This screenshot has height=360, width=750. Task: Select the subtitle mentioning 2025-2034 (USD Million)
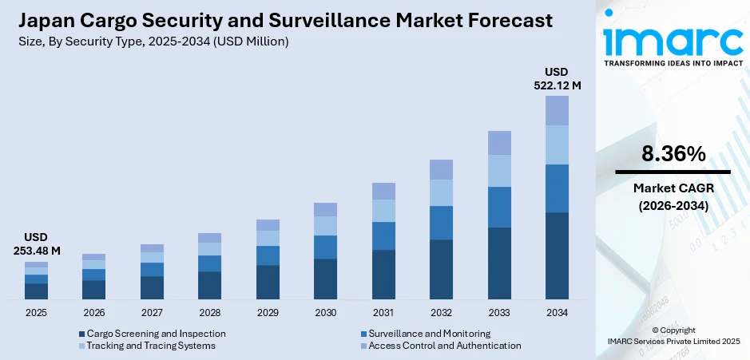pos(153,41)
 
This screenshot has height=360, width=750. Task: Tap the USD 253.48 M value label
pos(36,245)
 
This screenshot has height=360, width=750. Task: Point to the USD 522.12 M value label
pos(557,79)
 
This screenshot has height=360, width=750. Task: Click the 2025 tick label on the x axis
pos(36,313)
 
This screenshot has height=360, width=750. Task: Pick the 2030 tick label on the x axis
pos(325,313)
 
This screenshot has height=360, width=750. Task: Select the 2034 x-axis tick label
pos(557,313)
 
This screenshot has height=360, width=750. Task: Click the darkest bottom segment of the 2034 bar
pos(557,255)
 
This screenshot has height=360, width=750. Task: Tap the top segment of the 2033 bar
pos(499,143)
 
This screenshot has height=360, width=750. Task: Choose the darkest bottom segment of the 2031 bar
pos(383,275)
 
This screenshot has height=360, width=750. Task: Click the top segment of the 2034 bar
pos(557,110)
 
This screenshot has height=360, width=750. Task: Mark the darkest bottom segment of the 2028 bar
pos(209,285)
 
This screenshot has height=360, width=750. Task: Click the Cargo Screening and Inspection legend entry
pos(152,333)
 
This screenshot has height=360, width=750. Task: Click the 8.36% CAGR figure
pos(673,153)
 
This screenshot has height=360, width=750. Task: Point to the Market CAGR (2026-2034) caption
pos(673,196)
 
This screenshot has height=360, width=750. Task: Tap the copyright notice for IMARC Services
pos(673,336)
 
